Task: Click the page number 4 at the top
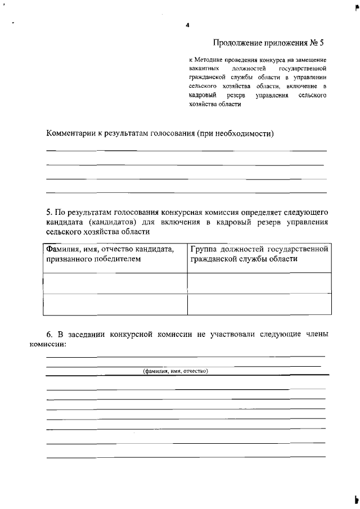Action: [187, 25]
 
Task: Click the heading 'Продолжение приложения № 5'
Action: [269, 43]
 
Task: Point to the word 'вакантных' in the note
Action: [204, 68]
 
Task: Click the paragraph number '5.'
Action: [49, 213]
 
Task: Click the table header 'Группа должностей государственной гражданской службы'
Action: [259, 254]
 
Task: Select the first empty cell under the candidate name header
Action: [115, 283]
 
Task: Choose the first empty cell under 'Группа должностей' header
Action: [259, 283]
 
